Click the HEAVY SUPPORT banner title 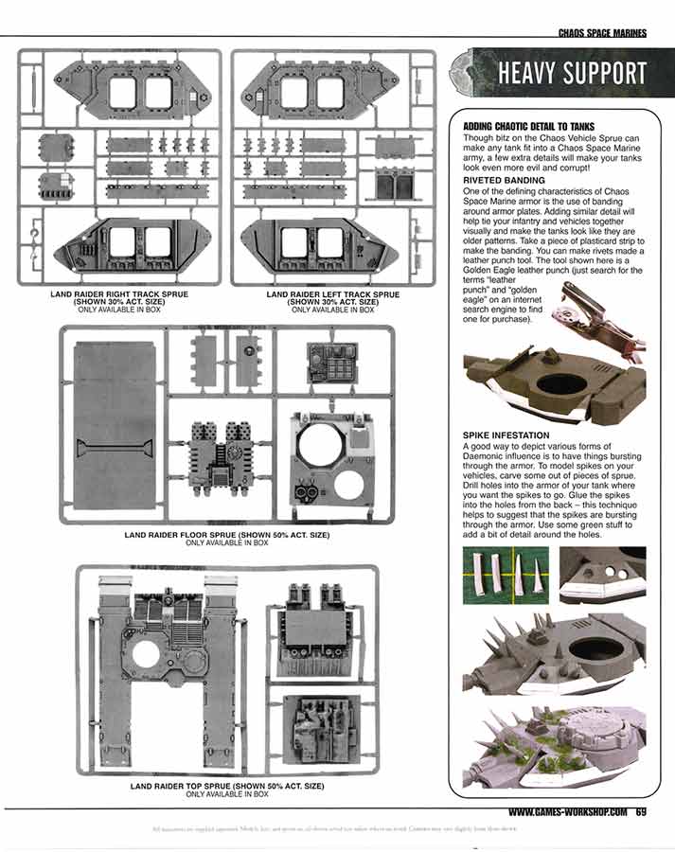[x=573, y=74]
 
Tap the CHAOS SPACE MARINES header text [x=602, y=33]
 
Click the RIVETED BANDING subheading [x=504, y=179]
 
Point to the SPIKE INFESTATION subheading [x=507, y=435]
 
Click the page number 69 [x=641, y=811]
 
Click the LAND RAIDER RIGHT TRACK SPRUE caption [x=119, y=295]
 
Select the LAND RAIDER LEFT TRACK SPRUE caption [x=333, y=295]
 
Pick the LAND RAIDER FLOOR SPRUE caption [x=226, y=535]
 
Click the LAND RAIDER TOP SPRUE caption [x=226, y=787]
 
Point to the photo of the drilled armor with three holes [x=602, y=574]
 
